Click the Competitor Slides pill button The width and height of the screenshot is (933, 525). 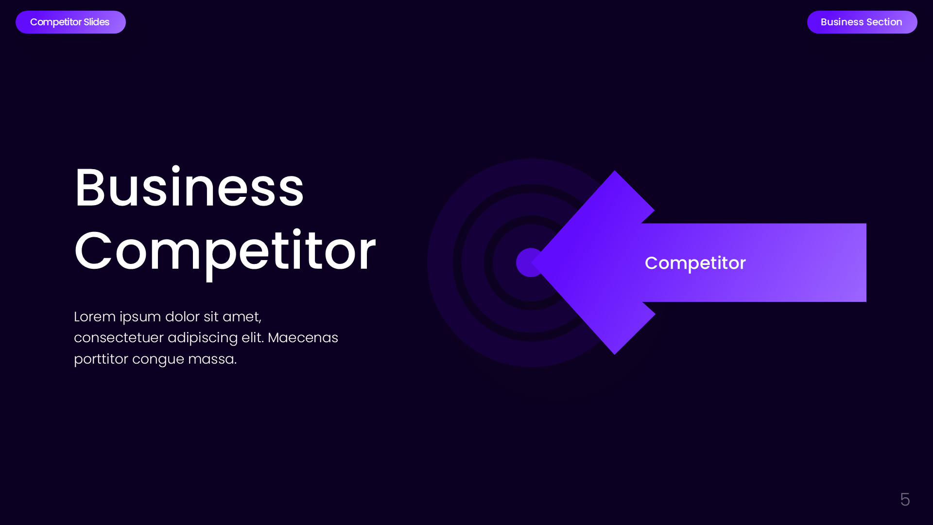[x=70, y=22]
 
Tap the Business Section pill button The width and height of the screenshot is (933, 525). [x=862, y=22]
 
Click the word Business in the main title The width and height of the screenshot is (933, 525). [x=189, y=188]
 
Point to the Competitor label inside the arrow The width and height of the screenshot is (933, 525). [x=695, y=263]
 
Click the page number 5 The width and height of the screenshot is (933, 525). [x=904, y=499]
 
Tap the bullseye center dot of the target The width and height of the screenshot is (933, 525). [x=527, y=262]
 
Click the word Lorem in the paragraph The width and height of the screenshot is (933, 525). [x=95, y=316]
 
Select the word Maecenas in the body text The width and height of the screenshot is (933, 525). [x=303, y=337]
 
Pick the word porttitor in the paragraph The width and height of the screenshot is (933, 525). [x=101, y=359]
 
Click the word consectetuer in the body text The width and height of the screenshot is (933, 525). [x=119, y=337]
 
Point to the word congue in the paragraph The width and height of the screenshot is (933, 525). [x=158, y=360]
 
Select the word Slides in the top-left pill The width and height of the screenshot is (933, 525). [x=96, y=22]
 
